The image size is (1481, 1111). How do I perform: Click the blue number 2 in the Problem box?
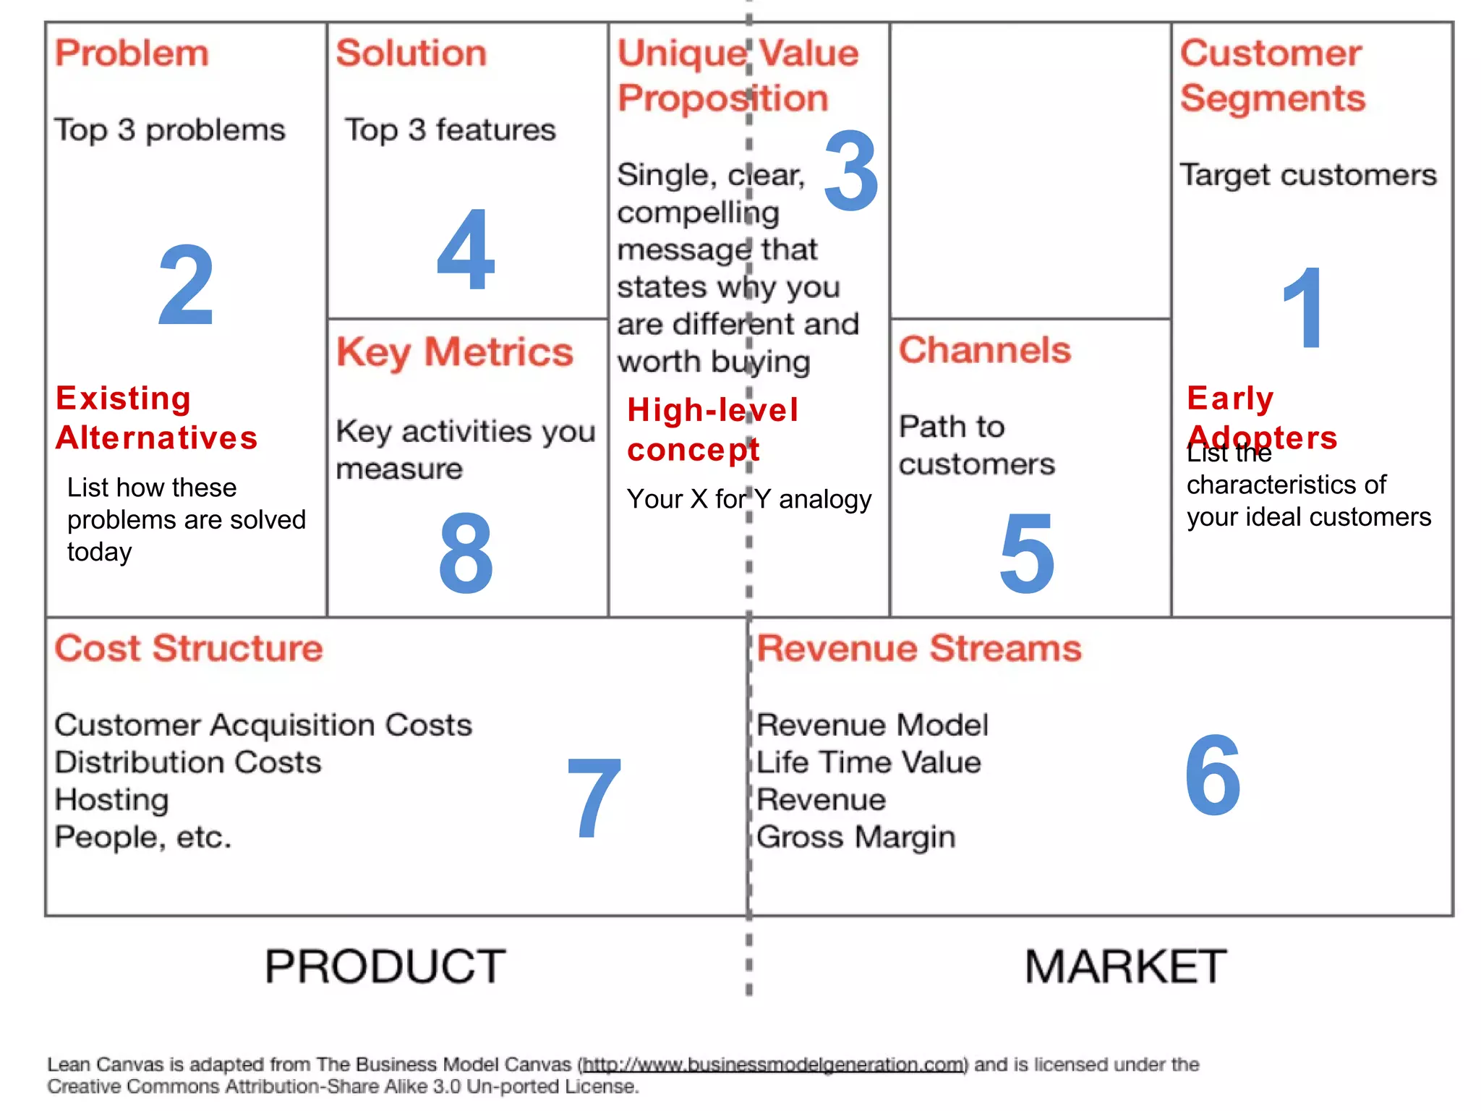(x=186, y=285)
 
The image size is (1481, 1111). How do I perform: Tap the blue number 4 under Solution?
(x=466, y=249)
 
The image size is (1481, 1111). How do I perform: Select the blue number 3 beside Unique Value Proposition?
(x=851, y=171)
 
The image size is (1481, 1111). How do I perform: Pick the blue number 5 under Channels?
(x=1027, y=553)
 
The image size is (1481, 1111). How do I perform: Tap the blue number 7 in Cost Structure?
(x=594, y=798)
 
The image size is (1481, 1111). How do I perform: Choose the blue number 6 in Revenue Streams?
(x=1213, y=775)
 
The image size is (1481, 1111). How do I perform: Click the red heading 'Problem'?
(x=132, y=54)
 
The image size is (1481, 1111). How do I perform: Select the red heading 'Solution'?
(x=411, y=54)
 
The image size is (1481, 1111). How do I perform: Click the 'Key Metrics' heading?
(x=455, y=352)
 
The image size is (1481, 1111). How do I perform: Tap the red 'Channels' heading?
(x=984, y=350)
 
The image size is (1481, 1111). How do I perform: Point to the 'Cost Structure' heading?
(x=189, y=648)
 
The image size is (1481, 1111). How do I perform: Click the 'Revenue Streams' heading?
(x=919, y=648)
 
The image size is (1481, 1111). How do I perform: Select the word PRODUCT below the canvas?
(x=385, y=966)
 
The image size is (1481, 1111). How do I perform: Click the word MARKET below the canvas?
(x=1125, y=966)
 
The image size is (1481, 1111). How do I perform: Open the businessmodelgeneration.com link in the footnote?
(x=774, y=1064)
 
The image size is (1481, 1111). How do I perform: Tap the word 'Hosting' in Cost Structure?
(x=112, y=800)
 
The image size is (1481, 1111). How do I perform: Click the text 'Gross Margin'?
(x=856, y=838)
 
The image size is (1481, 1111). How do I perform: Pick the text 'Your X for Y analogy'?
(x=749, y=499)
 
